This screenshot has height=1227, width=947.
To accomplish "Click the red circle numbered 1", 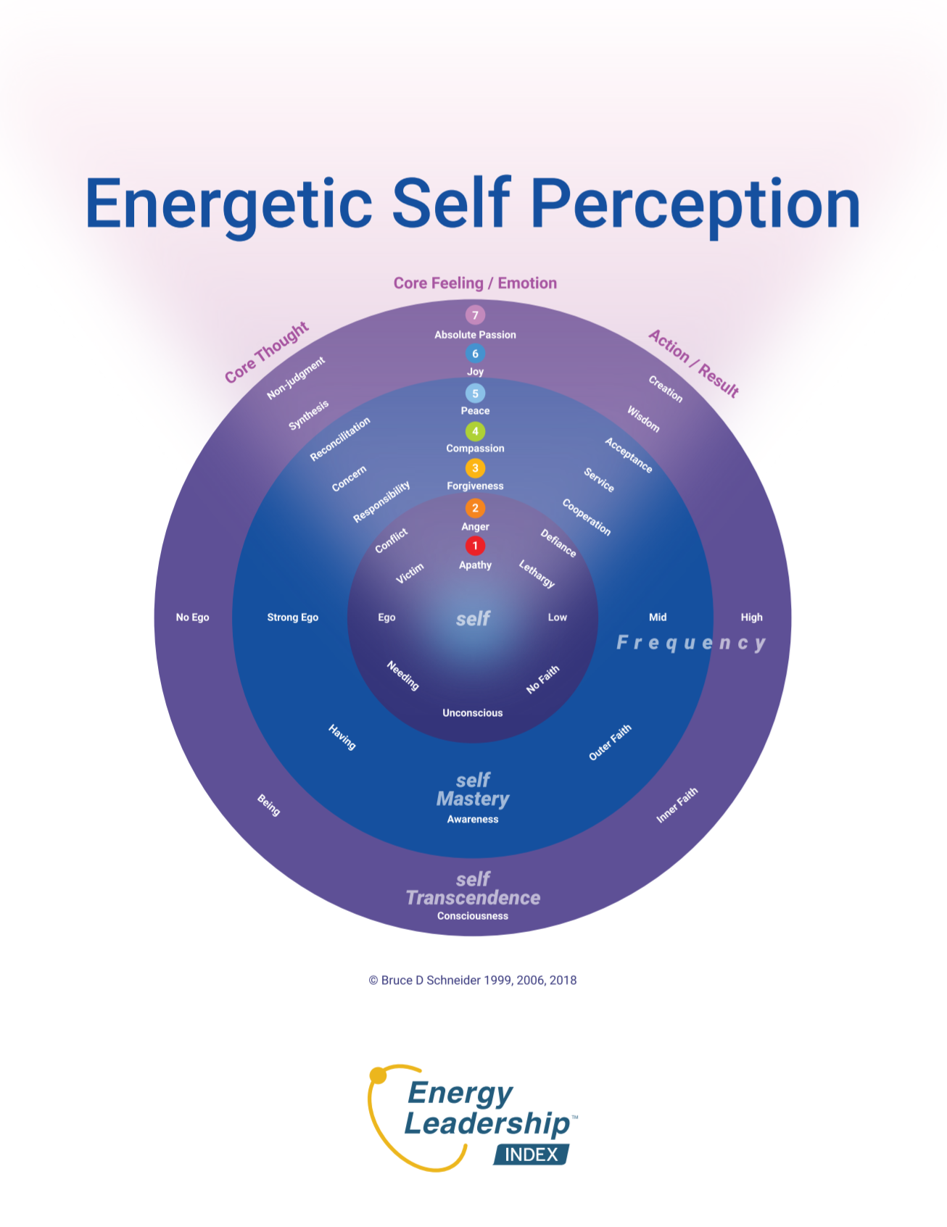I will coord(475,546).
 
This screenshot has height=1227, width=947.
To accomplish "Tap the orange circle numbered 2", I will coord(475,507).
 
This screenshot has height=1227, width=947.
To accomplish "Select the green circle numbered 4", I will coord(475,431).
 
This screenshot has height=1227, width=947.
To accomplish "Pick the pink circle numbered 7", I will coord(475,315).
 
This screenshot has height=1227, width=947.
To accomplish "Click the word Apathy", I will coord(475,565).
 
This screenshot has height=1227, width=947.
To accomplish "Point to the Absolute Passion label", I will coord(475,335).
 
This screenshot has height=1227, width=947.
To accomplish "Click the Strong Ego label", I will coord(292,617).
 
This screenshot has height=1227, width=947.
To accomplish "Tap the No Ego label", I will coord(192,617).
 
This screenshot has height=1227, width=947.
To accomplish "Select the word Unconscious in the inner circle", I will coord(473,713).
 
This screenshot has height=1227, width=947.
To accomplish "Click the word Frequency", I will coord(691,643).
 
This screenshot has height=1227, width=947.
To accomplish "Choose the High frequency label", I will coord(751,617).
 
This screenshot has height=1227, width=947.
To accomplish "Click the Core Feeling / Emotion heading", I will coord(475,283).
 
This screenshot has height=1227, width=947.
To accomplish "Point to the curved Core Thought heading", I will coord(267,352).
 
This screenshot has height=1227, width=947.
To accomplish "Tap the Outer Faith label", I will coord(610,742).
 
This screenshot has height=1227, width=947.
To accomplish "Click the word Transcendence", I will coord(473,898).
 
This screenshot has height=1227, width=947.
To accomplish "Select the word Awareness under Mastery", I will coord(473,820).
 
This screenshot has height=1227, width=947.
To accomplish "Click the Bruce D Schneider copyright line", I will coord(473,981).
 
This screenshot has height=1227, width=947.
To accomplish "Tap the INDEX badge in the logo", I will coord(532,1155).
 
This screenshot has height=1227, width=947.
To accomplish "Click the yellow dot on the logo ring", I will coord(378,1076).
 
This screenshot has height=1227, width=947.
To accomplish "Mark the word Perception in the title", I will coord(695,204).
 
